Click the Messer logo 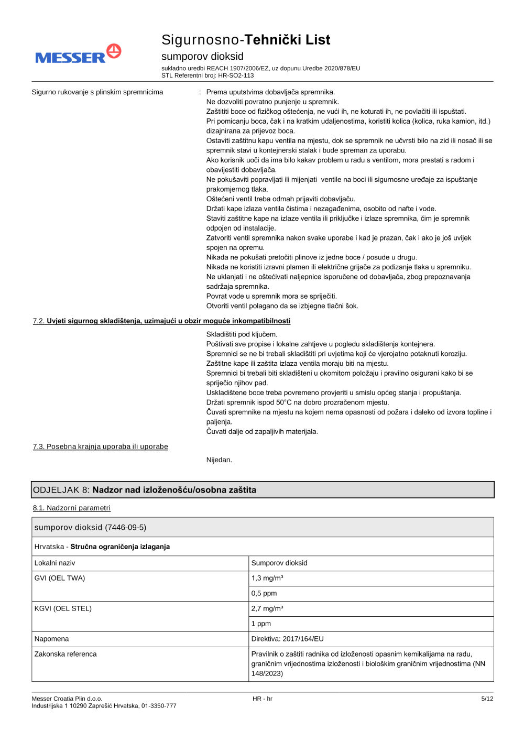click(78, 55)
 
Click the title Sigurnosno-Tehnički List click(245, 40)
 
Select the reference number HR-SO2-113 click(236, 75)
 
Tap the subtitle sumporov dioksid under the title click(202, 56)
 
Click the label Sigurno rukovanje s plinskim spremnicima click(97, 92)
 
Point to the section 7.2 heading click(161, 321)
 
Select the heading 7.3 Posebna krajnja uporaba click(101, 446)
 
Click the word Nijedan click(219, 460)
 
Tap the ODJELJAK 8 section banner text click(145, 490)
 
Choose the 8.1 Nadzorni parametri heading click(72, 508)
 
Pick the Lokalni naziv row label click(55, 563)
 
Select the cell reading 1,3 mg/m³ click(267, 578)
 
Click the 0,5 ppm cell click(264, 593)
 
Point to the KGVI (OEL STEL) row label click(63, 608)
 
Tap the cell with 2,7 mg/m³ click(267, 608)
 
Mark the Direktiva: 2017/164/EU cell click(288, 639)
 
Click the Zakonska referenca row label click(65, 654)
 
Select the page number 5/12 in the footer click(487, 699)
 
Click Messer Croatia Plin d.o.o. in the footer click(67, 699)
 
